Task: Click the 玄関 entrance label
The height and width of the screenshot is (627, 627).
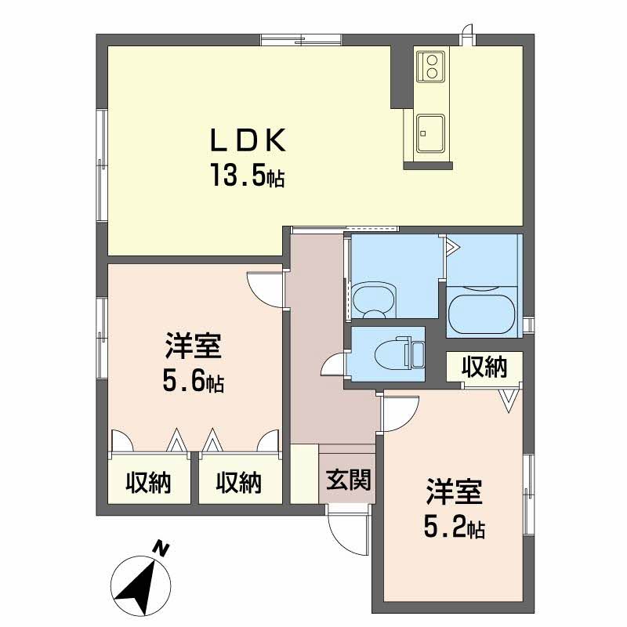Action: [x=349, y=478]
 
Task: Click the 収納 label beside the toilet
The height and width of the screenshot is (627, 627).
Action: [x=483, y=367]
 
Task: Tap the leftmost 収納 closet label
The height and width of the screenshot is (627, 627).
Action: [x=149, y=484]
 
